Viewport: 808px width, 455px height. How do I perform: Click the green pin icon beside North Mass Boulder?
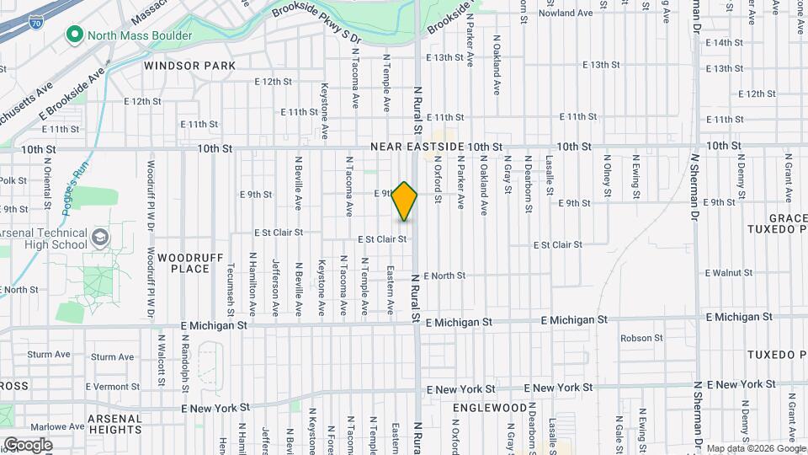(x=74, y=36)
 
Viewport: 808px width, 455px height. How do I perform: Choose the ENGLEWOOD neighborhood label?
(x=489, y=408)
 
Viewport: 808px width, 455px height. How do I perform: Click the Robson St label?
(x=641, y=338)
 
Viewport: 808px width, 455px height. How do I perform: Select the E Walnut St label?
(x=729, y=273)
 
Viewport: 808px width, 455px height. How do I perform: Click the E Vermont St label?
(x=112, y=387)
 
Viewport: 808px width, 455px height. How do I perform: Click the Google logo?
(x=28, y=444)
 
